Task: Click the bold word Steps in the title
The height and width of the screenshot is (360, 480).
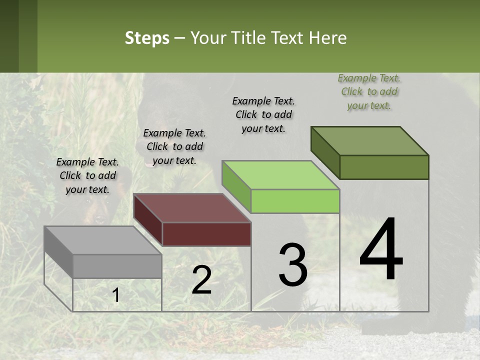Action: tap(147, 38)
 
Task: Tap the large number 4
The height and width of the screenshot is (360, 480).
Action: tap(381, 250)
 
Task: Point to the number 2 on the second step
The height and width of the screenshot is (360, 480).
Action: tap(201, 280)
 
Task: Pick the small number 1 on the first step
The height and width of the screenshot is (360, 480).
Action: tap(116, 296)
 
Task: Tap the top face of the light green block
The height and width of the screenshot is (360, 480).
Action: tap(280, 175)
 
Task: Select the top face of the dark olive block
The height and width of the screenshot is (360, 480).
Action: tap(370, 141)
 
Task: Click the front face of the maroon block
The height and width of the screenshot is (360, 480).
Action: tap(206, 234)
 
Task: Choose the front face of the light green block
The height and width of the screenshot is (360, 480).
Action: tap(295, 201)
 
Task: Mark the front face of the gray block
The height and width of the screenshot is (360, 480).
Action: tap(117, 266)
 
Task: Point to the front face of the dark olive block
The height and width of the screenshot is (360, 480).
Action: tap(384, 167)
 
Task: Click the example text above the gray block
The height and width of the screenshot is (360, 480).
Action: tap(87, 175)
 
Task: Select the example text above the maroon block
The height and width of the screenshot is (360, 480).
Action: tap(174, 146)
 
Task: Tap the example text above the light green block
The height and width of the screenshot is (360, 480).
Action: tap(263, 114)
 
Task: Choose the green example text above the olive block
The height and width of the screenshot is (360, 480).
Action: tap(369, 91)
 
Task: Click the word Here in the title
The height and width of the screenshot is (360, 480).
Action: tap(328, 38)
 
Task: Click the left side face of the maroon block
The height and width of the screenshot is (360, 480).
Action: tap(148, 219)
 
